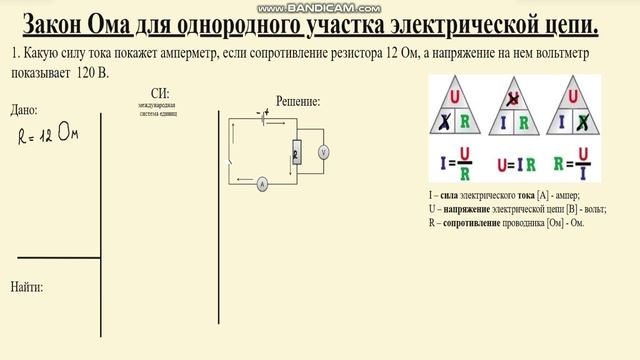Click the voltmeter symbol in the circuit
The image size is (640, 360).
[x=323, y=152]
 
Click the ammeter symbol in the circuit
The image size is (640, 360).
[x=261, y=185]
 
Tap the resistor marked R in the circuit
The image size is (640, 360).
[x=295, y=152]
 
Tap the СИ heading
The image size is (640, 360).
[x=158, y=93]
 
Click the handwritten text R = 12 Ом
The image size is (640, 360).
[x=49, y=134]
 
